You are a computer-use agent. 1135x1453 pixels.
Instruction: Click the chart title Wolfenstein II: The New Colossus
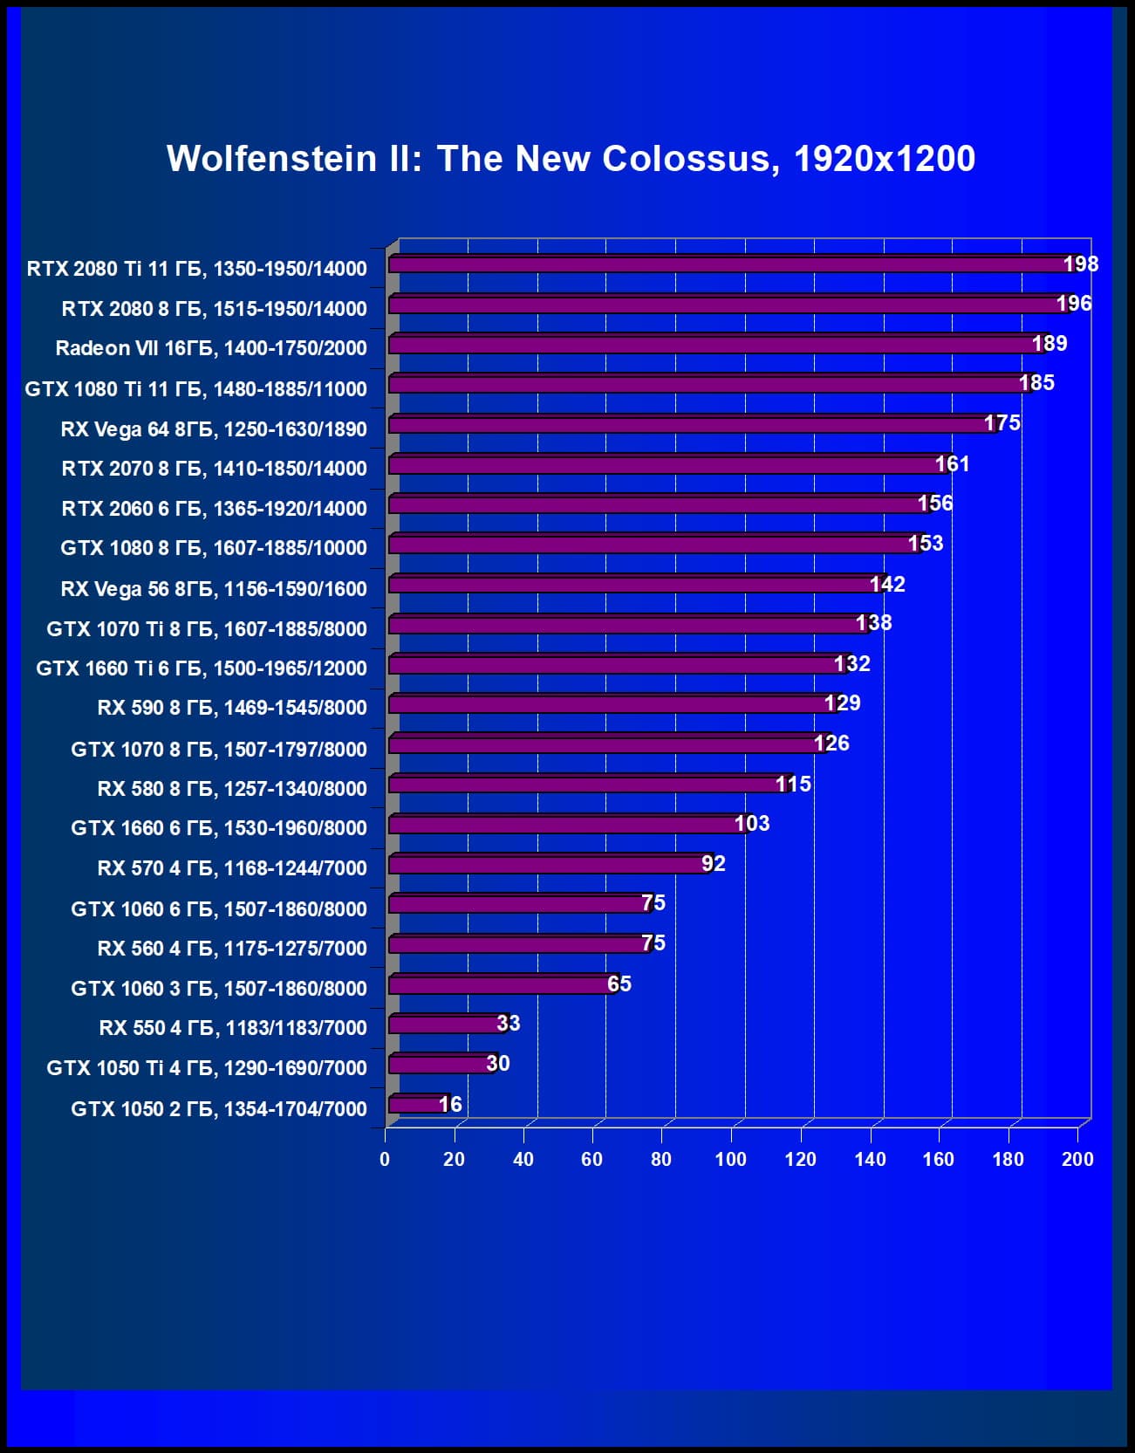coord(571,159)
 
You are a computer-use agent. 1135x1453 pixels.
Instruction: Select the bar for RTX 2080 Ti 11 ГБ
coord(728,264)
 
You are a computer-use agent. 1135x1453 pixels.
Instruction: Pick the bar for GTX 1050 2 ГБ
coord(417,1105)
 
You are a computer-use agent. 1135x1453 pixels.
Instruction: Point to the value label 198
coord(1080,264)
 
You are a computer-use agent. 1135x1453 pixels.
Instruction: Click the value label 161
coord(952,463)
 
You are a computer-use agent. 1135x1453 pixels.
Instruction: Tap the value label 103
coord(751,823)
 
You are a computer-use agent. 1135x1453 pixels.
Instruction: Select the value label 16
coord(450,1104)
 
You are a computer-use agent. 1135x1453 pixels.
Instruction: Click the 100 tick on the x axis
coord(731,1159)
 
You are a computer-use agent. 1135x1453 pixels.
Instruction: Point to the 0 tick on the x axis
coord(385,1159)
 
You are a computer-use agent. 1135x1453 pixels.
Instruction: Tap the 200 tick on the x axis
coord(1077,1159)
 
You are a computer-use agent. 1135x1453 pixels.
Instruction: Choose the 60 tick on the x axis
coord(592,1159)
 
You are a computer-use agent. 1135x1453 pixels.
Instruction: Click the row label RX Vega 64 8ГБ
coord(214,428)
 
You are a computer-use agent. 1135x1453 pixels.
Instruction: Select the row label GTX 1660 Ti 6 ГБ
coord(202,668)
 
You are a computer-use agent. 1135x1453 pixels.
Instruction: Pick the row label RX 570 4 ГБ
coord(232,867)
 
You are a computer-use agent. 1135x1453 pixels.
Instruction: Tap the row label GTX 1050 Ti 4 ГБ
coord(207,1067)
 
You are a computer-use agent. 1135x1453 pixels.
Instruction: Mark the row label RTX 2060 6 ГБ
coord(214,508)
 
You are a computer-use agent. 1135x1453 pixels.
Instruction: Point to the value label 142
coord(887,584)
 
